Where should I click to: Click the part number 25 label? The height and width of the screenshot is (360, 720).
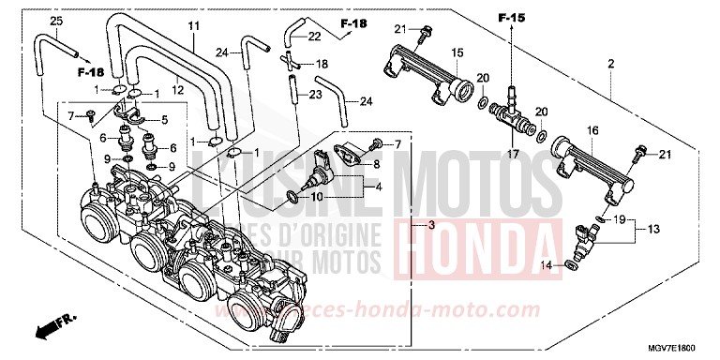click(29, 21)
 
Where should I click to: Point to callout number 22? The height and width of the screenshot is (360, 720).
click(315, 36)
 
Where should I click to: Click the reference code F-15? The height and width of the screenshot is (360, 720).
click(512, 18)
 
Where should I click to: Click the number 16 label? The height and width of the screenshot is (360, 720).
click(592, 130)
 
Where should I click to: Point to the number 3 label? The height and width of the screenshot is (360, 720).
click(431, 226)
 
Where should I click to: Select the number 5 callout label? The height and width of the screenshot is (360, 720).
click(165, 119)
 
